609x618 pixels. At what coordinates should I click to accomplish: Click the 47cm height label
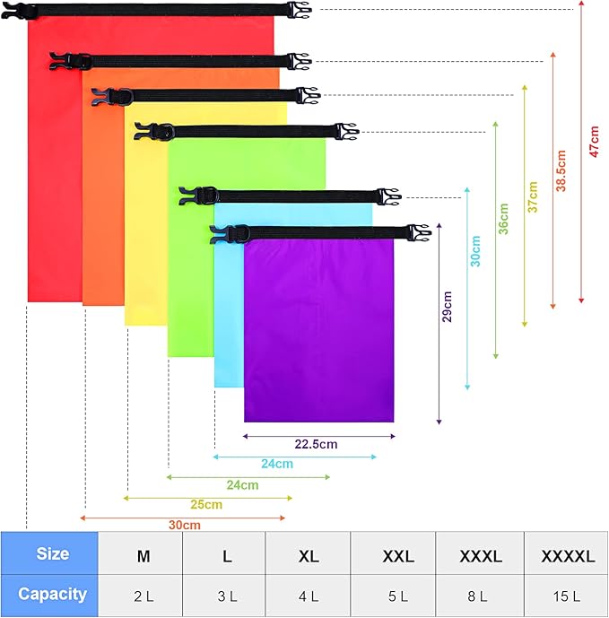click(594, 140)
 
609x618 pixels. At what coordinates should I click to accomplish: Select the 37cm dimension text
click(533, 196)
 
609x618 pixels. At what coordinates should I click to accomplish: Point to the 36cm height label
click(504, 218)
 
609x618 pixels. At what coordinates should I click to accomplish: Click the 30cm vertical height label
click(475, 250)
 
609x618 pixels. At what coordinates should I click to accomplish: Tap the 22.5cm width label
click(316, 444)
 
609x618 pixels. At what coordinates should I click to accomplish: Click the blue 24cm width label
click(277, 464)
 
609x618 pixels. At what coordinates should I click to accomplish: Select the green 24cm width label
click(242, 485)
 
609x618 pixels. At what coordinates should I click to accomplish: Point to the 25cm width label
click(205, 504)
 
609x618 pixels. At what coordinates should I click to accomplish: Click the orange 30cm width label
click(184, 525)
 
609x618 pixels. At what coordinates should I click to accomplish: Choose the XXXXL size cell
click(568, 556)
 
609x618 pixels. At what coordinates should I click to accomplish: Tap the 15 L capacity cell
click(568, 595)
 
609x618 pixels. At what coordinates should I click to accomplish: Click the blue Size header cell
click(51, 554)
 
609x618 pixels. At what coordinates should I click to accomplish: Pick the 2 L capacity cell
click(143, 595)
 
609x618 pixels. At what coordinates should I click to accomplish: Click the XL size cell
click(309, 556)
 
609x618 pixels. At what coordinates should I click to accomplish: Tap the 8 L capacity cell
click(483, 595)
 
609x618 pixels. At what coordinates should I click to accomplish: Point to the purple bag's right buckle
click(418, 233)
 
